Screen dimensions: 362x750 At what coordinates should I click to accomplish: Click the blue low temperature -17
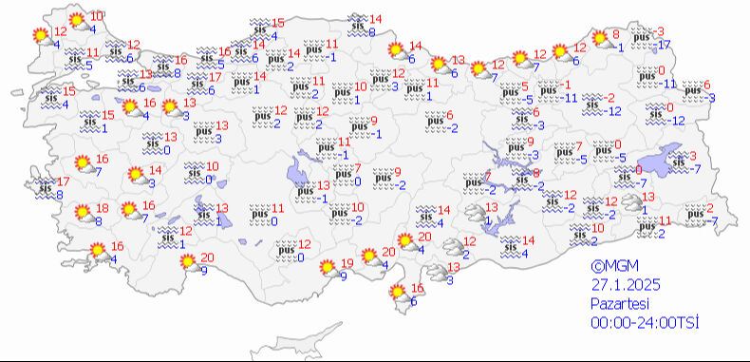665,45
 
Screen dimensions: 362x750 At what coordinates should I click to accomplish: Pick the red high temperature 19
347,263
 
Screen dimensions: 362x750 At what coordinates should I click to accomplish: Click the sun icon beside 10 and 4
76,22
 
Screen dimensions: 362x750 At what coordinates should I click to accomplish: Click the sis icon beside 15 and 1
88,121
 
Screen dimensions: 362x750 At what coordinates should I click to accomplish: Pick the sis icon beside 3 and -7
678,162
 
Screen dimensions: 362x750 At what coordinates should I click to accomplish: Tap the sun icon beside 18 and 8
83,214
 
